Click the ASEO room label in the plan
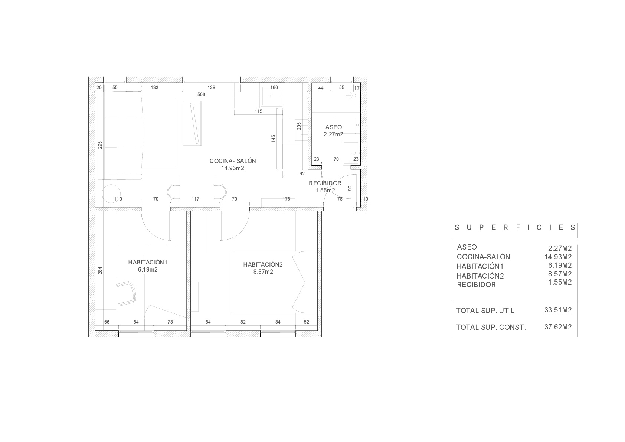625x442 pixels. (333, 127)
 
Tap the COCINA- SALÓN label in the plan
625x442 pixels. (233, 161)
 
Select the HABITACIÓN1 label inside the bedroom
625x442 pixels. (148, 262)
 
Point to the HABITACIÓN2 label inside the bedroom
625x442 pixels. (263, 264)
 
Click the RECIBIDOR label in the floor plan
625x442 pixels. (325, 183)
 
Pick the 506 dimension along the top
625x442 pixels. (201, 95)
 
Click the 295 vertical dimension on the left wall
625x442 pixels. (100, 145)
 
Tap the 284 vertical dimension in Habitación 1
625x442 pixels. (100, 271)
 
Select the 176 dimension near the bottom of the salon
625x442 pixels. (286, 199)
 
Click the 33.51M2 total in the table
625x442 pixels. (558, 310)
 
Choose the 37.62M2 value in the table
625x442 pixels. (558, 327)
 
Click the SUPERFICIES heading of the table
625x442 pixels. (515, 227)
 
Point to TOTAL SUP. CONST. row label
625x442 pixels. (491, 328)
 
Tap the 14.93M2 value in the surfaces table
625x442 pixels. (558, 257)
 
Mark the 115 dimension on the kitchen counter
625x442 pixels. (258, 111)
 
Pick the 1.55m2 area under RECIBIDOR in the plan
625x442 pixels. (325, 191)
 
